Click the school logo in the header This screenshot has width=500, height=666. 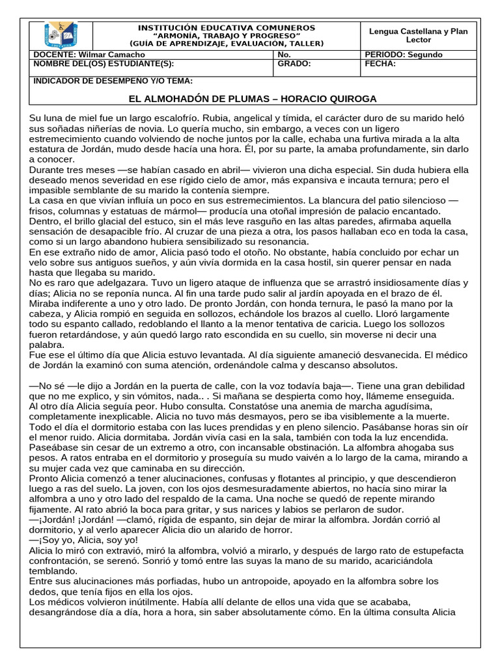point(61,35)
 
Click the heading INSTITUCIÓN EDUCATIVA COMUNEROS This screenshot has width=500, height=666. point(227,28)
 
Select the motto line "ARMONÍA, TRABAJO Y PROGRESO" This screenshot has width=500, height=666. point(227,36)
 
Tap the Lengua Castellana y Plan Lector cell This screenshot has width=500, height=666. point(419,35)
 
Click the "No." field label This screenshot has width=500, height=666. point(284,55)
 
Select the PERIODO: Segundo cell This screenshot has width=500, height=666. point(404,55)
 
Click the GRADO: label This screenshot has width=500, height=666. point(294,64)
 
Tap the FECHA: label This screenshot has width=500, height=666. point(380,64)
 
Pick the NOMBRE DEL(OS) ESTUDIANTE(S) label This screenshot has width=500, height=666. point(104,64)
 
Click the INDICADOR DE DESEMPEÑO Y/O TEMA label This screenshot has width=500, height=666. point(113,81)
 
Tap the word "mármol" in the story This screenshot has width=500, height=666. point(181,211)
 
